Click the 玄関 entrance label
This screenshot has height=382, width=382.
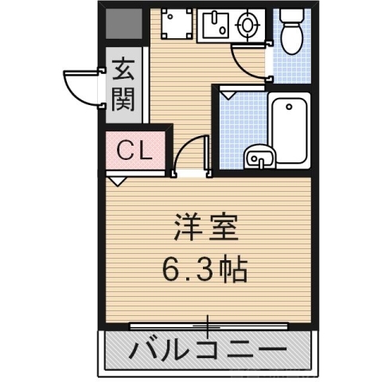[x=123, y=84]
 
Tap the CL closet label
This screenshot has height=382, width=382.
[x=136, y=150]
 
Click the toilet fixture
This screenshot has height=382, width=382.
[x=292, y=30]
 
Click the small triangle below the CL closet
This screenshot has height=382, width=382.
[x=117, y=181]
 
